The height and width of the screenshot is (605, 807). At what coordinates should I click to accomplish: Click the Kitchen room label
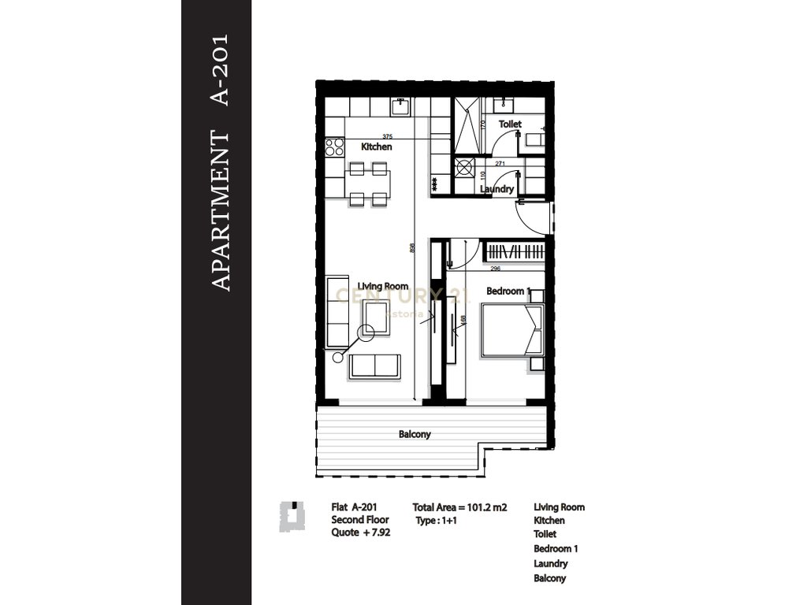pyautogui.click(x=376, y=147)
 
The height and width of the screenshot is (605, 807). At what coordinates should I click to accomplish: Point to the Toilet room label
pyautogui.click(x=510, y=124)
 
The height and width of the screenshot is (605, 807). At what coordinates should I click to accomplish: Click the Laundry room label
pyautogui.click(x=497, y=189)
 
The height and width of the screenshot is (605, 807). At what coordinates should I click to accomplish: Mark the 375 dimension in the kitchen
pyautogui.click(x=387, y=136)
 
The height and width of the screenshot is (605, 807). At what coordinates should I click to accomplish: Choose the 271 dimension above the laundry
pyautogui.click(x=500, y=163)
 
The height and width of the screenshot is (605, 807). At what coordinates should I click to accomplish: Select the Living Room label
pyautogui.click(x=382, y=287)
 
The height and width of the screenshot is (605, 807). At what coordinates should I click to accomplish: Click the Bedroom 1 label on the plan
pyautogui.click(x=508, y=291)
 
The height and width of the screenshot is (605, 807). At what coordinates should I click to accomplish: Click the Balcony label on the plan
pyautogui.click(x=415, y=434)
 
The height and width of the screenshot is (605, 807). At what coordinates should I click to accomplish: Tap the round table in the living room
pyautogui.click(x=366, y=333)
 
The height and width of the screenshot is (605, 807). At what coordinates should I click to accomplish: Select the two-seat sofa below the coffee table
pyautogui.click(x=375, y=366)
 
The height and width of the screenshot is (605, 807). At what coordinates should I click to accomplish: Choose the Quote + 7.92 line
pyautogui.click(x=361, y=533)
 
